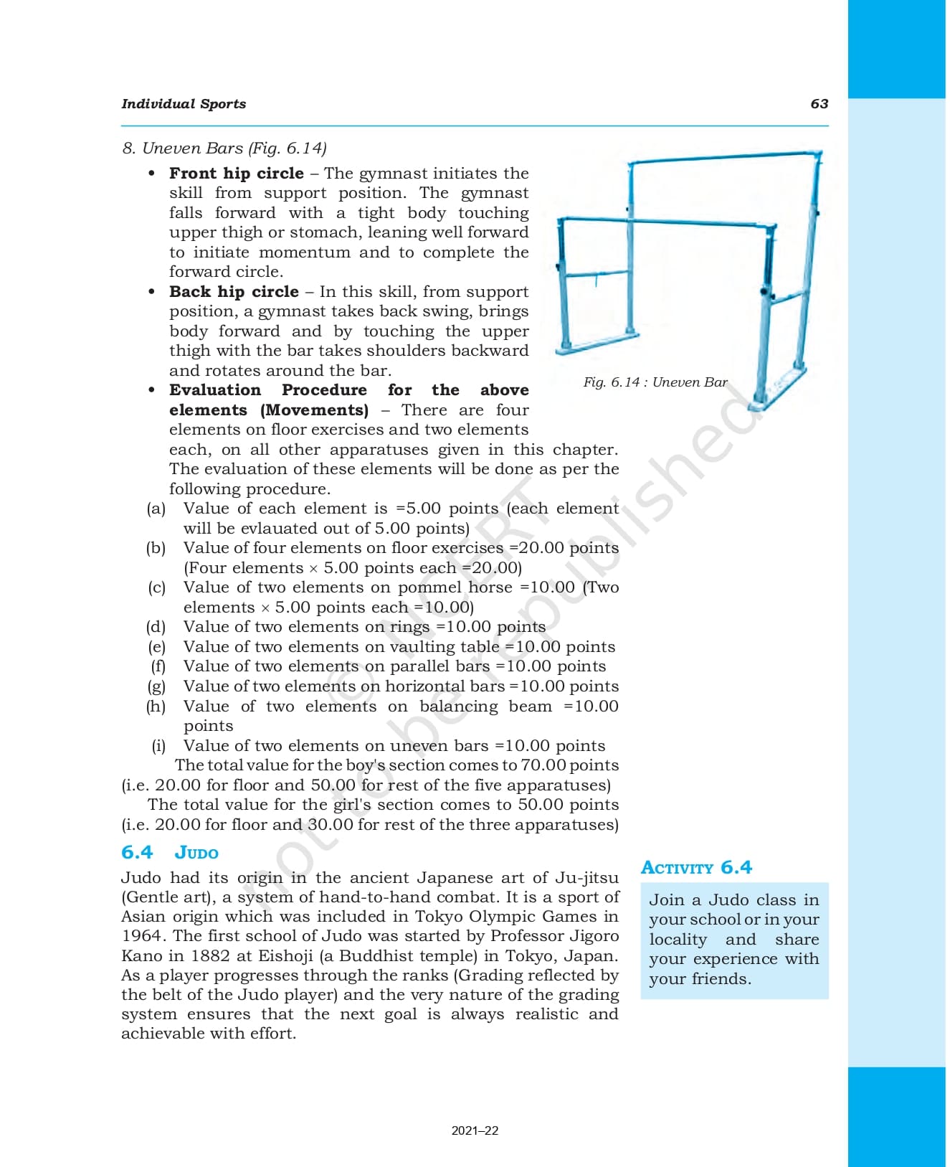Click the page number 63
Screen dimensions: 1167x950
819,104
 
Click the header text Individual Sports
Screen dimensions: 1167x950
184,104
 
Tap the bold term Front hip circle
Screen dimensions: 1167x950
237,174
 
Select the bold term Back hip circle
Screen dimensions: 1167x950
234,292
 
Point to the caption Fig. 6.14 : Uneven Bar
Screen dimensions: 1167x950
655,382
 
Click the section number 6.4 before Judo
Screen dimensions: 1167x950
137,853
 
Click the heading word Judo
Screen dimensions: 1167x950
196,853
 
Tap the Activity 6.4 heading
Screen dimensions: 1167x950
696,868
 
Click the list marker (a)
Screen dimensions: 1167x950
156,509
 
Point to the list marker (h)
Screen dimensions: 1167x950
156,707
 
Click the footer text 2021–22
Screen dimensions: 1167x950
475,1131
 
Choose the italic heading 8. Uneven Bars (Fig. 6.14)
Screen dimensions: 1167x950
224,148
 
